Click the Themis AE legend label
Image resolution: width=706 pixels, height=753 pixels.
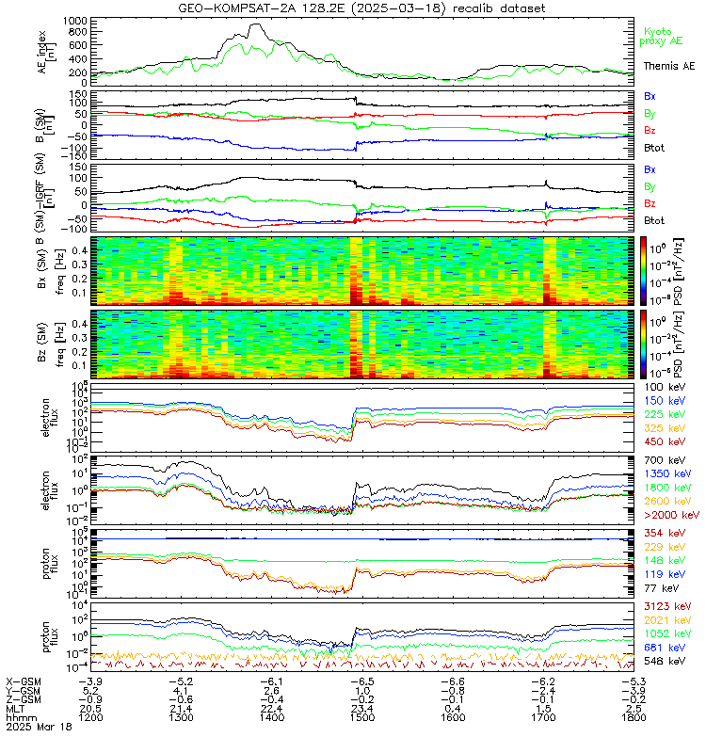(x=668, y=66)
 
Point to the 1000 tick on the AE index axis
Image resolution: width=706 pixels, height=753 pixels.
(x=75, y=20)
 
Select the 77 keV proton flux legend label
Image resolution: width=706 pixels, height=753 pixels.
(x=659, y=587)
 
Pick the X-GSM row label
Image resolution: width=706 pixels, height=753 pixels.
(x=23, y=680)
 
